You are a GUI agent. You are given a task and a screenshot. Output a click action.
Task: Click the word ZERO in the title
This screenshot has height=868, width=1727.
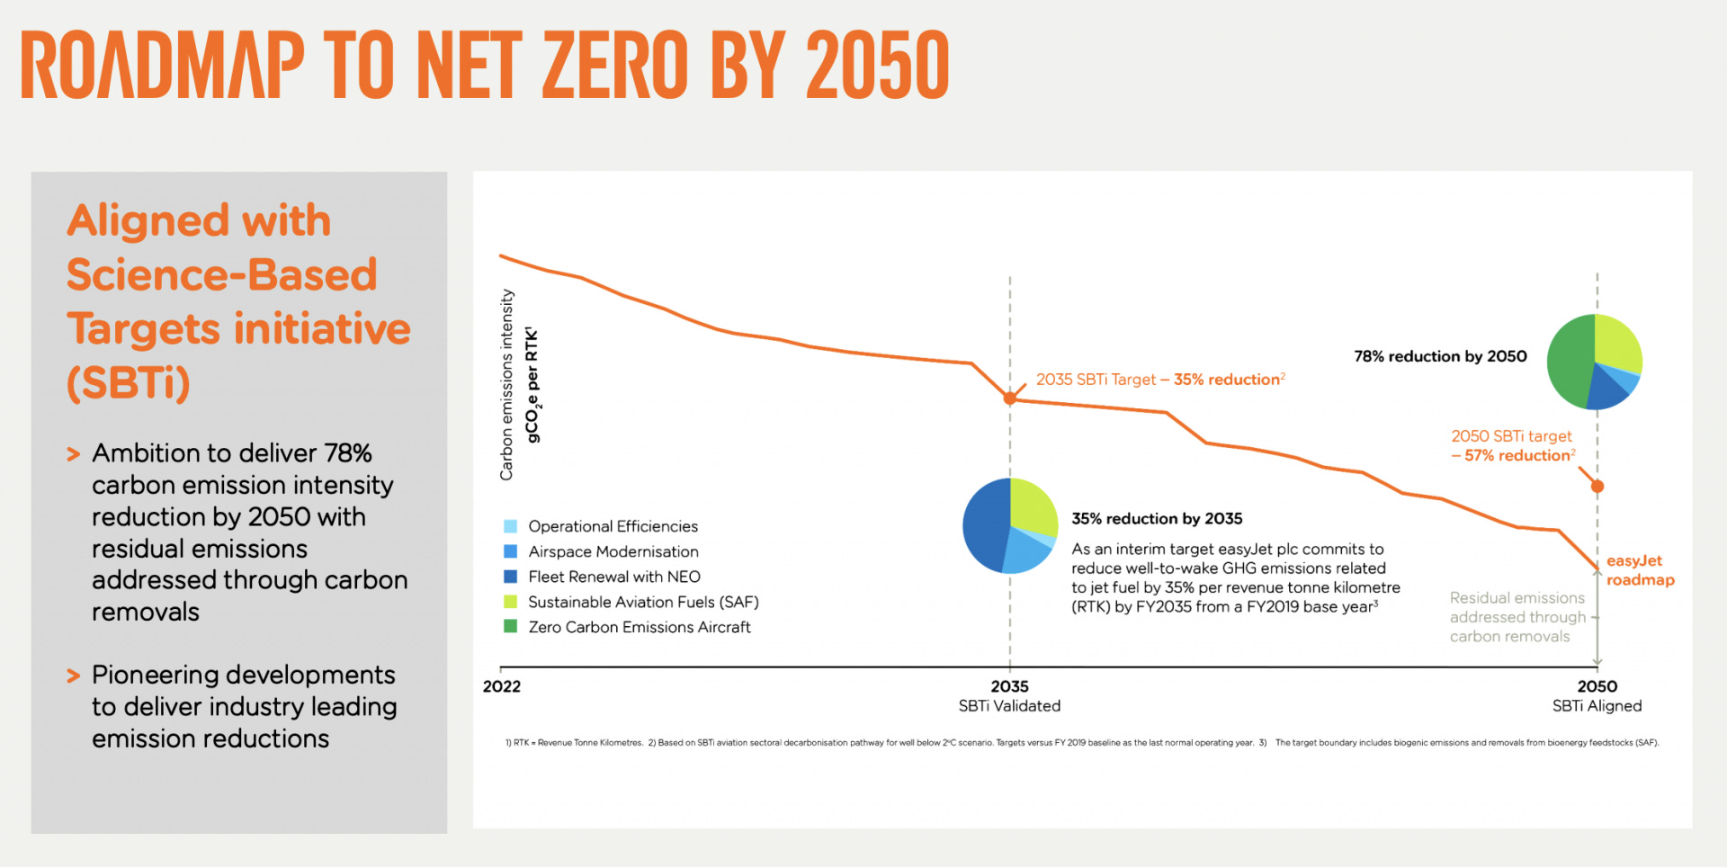point(615,65)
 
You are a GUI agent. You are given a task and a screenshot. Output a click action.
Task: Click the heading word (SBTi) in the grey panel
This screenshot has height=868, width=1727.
point(129,383)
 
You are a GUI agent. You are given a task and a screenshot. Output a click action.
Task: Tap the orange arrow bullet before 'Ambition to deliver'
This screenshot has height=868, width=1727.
point(74,454)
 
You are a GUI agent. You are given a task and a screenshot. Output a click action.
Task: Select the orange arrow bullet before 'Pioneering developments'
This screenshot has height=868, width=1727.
point(74,676)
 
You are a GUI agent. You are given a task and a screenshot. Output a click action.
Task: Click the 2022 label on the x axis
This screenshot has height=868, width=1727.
point(501,686)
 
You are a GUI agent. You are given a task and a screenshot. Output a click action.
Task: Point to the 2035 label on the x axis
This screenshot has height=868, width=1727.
point(1009,686)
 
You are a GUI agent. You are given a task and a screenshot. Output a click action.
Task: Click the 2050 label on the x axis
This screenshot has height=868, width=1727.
point(1597,686)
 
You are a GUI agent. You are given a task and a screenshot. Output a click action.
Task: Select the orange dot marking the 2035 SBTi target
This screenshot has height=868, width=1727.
point(1009,398)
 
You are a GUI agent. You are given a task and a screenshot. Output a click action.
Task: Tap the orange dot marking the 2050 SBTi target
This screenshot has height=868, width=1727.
point(1597,487)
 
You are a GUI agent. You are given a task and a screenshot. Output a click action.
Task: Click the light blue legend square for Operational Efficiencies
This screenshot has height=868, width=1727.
point(510,526)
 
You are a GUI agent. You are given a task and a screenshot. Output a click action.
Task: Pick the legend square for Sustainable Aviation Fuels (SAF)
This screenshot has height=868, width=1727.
point(510,602)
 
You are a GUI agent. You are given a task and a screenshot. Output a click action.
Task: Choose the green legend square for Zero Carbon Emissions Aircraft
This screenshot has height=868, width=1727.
point(510,627)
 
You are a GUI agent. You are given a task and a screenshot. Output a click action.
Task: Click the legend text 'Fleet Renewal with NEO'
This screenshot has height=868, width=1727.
point(614,577)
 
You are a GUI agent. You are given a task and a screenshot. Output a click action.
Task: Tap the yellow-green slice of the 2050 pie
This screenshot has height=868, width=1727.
point(1617,344)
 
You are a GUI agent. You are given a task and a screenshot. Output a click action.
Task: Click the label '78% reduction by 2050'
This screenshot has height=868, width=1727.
point(1440,356)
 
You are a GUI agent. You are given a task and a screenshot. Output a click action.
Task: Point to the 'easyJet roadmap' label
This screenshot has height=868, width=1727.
point(1640,570)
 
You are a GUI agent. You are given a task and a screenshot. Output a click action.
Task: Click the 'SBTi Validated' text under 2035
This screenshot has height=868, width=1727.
point(1009,706)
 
